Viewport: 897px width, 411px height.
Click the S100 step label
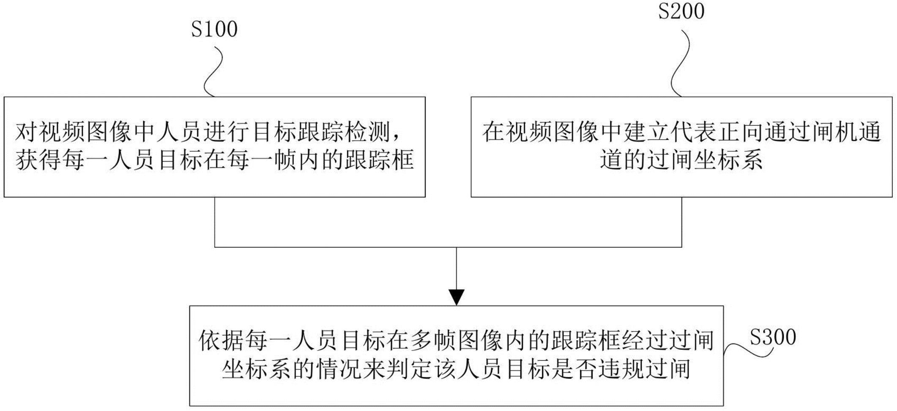(x=214, y=29)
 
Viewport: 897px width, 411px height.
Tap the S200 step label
(x=681, y=11)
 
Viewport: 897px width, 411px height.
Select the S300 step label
(x=773, y=337)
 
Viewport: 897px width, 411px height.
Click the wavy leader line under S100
(x=213, y=71)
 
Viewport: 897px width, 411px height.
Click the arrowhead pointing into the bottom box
(x=457, y=297)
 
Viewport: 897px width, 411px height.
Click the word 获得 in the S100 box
(x=39, y=161)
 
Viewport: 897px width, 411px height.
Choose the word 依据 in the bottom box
(x=222, y=341)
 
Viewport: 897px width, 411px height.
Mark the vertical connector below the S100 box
(x=215, y=222)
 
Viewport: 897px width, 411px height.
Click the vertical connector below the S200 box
(x=682, y=222)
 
